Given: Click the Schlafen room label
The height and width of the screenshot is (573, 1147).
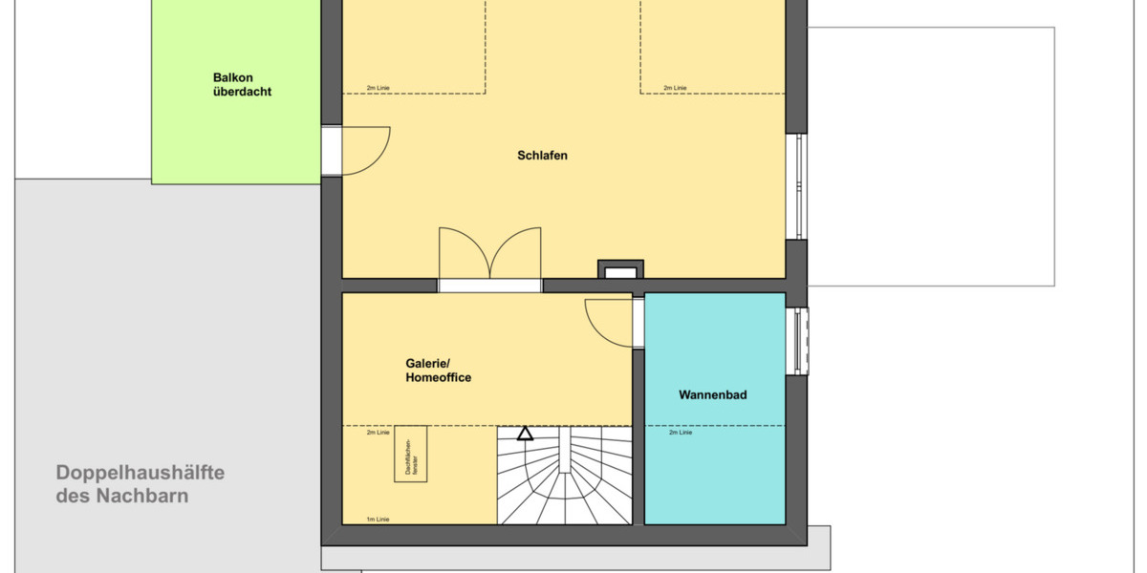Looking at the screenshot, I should [x=543, y=155].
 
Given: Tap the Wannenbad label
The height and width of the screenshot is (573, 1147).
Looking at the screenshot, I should [x=713, y=393].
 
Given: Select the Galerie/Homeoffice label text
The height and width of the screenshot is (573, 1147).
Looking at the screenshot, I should [x=439, y=371].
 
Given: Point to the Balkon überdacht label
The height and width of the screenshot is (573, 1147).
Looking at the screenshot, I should [x=243, y=85].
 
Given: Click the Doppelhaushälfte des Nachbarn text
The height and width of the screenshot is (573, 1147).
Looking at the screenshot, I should [x=141, y=484].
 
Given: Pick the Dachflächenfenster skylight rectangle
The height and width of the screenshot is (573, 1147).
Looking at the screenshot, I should [x=411, y=455].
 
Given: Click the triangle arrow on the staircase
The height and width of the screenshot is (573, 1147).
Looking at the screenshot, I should [x=525, y=434].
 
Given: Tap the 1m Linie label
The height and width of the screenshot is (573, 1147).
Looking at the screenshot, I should [x=378, y=520].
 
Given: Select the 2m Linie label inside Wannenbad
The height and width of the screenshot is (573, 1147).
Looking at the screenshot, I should [x=681, y=433].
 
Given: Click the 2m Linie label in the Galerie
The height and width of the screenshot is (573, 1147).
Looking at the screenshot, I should [x=379, y=433].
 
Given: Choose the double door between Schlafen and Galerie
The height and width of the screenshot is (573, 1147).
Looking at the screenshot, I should [x=489, y=256].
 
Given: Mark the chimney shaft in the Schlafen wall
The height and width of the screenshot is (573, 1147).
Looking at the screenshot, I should [x=619, y=270].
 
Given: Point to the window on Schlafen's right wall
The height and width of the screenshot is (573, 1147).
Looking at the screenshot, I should [x=797, y=186].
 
